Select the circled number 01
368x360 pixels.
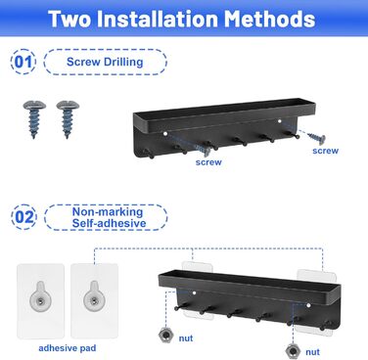point(23,62)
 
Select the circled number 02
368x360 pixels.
point(23,217)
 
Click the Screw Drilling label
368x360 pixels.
point(105,62)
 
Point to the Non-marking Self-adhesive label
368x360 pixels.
point(108,217)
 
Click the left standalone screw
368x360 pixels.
point(34,119)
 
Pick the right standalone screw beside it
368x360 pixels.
point(68,119)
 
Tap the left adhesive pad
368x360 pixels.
point(40,300)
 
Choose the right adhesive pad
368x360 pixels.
point(95,300)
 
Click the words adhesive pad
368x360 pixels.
point(68,348)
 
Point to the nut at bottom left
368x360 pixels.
point(165,336)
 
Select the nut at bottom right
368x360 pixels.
point(293,351)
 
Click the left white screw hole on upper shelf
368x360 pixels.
point(165,134)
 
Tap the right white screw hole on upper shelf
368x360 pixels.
point(280,121)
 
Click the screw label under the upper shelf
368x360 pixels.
point(208,162)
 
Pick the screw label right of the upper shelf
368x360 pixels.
point(325,151)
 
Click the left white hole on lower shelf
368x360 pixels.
point(194,292)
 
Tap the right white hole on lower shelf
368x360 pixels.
point(308,305)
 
